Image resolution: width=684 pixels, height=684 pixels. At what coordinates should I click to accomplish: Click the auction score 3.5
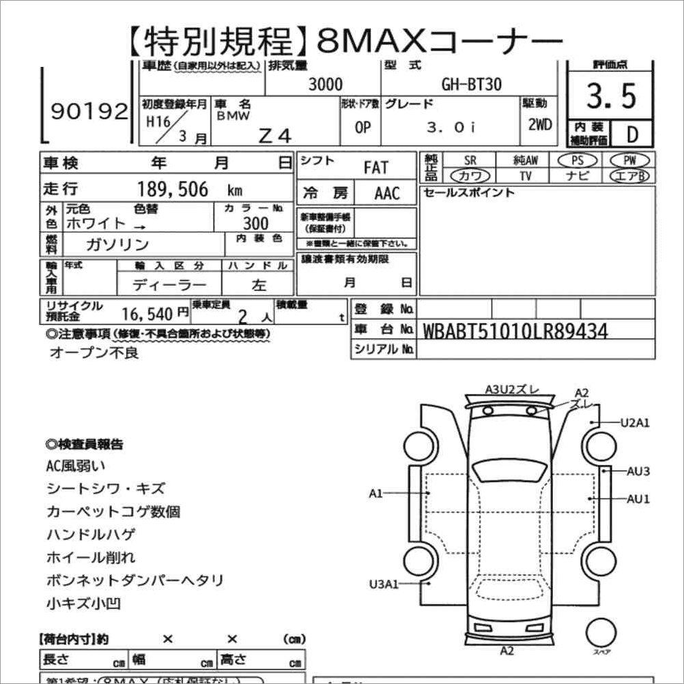[x=611, y=97]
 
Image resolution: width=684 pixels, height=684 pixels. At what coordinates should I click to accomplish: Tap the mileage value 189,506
[x=173, y=189]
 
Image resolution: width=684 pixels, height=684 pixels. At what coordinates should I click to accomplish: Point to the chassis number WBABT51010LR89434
[x=515, y=331]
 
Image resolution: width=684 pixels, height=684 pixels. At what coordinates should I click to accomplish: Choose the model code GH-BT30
[x=471, y=84]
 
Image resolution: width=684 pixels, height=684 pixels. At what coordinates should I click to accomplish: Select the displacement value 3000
[x=326, y=84]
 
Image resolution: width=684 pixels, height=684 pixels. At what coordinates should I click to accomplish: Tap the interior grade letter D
[x=631, y=134]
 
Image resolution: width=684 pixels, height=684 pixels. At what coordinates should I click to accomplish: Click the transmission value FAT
[x=375, y=167]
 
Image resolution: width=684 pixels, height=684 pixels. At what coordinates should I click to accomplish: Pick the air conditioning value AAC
[x=387, y=193]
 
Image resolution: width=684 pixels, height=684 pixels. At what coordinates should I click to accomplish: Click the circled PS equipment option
[x=577, y=160]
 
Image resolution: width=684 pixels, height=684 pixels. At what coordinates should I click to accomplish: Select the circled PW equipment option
[x=631, y=160]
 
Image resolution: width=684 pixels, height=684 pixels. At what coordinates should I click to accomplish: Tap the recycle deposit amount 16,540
[x=147, y=313]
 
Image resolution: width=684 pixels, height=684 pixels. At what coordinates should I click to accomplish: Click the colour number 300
[x=255, y=223]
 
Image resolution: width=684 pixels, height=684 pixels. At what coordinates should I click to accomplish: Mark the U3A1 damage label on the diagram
[x=384, y=584]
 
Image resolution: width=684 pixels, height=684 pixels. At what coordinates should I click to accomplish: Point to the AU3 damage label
[x=638, y=471]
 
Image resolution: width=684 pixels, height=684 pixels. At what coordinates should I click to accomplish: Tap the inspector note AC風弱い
[x=76, y=466]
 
